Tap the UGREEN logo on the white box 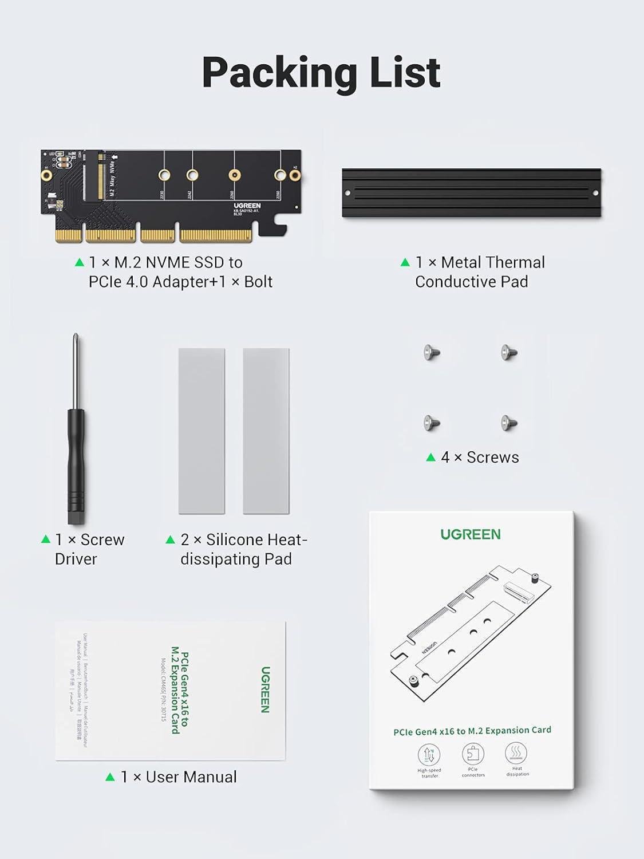click(x=471, y=534)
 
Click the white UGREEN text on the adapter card click(x=247, y=206)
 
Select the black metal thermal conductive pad click(x=471, y=193)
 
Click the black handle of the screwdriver click(x=76, y=464)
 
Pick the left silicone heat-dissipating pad click(x=202, y=431)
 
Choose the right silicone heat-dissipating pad click(x=266, y=431)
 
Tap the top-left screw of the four click(x=432, y=352)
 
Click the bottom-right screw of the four click(x=509, y=423)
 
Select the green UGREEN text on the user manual click(x=265, y=689)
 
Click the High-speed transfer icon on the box click(x=429, y=754)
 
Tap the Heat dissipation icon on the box click(x=517, y=752)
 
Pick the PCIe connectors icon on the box click(x=473, y=754)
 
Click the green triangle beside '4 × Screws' click(x=431, y=457)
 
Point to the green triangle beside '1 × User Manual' click(x=110, y=777)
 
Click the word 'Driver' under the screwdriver click(x=76, y=559)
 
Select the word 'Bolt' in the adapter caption click(x=258, y=282)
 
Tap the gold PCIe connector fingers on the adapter click(x=155, y=235)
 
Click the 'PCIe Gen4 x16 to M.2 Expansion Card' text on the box click(x=472, y=731)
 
